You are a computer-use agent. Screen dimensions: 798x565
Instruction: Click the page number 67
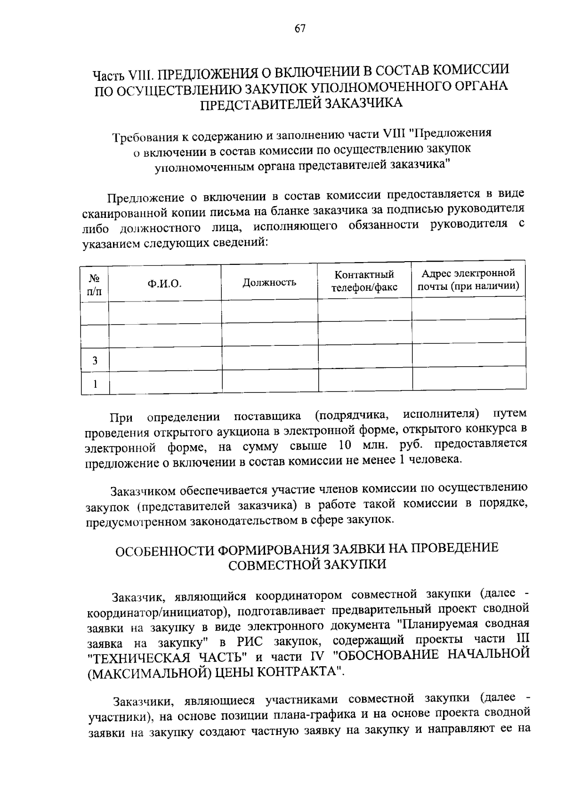300,29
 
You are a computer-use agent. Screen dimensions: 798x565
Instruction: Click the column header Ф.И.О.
164,284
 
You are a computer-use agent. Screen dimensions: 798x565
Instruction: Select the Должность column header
269,282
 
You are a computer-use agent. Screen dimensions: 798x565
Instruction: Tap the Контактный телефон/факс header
364,281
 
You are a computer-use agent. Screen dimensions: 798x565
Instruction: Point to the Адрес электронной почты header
468,279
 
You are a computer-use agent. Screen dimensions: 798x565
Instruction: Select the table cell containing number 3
95,361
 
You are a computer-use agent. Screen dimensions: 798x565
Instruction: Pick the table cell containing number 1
95,384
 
